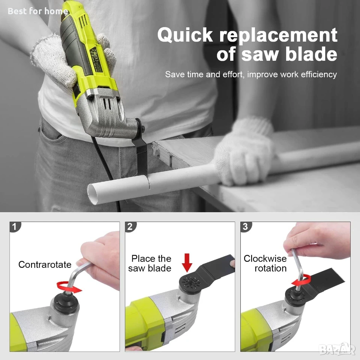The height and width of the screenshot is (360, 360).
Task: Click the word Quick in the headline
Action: click(x=185, y=35)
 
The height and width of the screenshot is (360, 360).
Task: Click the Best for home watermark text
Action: click(x=38, y=11)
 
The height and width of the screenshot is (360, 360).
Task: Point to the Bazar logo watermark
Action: click(x=337, y=349)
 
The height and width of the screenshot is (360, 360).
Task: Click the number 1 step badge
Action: click(x=15, y=227)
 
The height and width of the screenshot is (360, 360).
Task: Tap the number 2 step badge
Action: click(x=130, y=227)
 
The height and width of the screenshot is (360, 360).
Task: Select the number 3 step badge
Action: click(x=246, y=227)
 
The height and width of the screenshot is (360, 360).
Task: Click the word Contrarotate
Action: click(x=45, y=264)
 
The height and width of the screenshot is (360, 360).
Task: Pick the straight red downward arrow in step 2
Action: click(x=187, y=262)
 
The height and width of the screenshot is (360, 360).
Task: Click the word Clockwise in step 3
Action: click(x=265, y=258)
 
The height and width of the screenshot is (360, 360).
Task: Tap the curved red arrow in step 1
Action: click(x=69, y=287)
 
